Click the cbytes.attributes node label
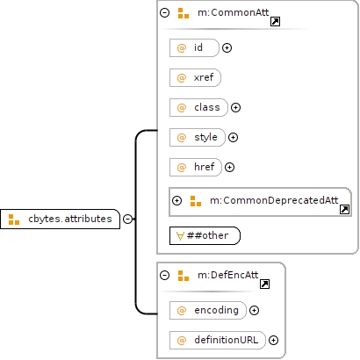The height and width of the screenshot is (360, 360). [70, 219]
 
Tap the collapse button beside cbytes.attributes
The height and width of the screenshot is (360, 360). [127, 219]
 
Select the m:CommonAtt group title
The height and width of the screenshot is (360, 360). [233, 12]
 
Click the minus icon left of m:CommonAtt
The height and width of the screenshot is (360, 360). [165, 12]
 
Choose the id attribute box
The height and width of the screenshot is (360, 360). [194, 47]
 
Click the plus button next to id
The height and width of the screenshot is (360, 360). [227, 47]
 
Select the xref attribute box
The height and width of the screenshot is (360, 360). [195, 77]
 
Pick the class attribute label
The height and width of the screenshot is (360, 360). [207, 107]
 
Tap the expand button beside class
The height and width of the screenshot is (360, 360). [235, 107]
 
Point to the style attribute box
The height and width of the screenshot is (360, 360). [198, 137]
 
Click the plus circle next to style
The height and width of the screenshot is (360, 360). [233, 137]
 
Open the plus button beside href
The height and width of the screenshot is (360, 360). [229, 167]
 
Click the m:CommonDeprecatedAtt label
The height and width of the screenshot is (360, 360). [274, 200]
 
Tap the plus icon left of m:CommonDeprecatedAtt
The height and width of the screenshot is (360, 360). [176, 200]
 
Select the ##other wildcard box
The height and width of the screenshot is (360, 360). [205, 235]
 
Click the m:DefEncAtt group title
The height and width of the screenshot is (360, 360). [227, 275]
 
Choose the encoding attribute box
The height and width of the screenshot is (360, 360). [208, 310]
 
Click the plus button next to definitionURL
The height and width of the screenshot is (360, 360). [273, 340]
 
